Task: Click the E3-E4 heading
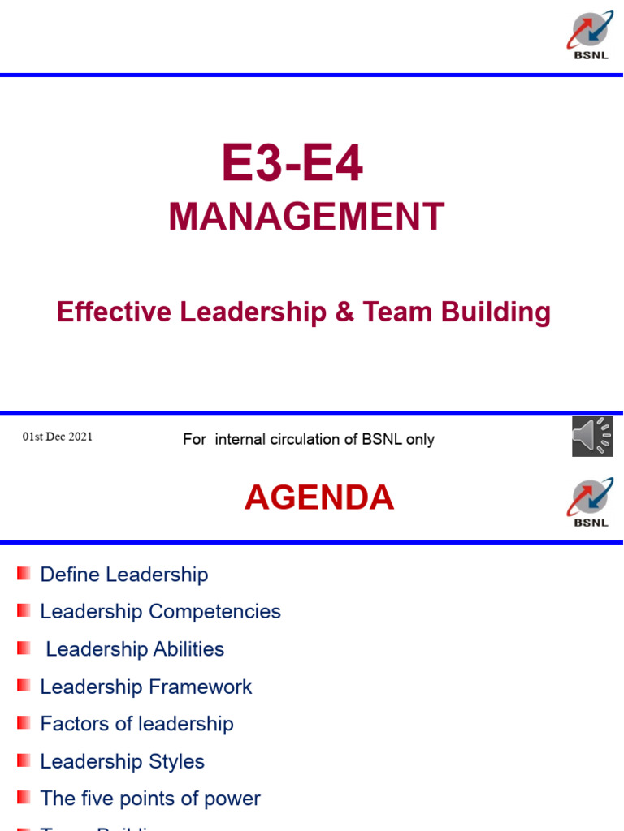pyautogui.click(x=292, y=163)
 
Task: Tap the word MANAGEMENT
pyautogui.click(x=306, y=217)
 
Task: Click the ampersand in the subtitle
pyautogui.click(x=344, y=312)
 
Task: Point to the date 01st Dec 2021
pyautogui.click(x=57, y=437)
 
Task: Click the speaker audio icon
pyautogui.click(x=592, y=437)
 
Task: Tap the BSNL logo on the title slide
pyautogui.click(x=590, y=36)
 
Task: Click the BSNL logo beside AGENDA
pyautogui.click(x=590, y=503)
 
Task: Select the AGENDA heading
pyautogui.click(x=319, y=497)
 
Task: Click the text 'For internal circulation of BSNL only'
pyautogui.click(x=309, y=439)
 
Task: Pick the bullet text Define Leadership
pyautogui.click(x=124, y=575)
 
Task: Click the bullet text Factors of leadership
pyautogui.click(x=136, y=724)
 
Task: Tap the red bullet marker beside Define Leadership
pyautogui.click(x=24, y=574)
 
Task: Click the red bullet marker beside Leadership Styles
pyautogui.click(x=24, y=760)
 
